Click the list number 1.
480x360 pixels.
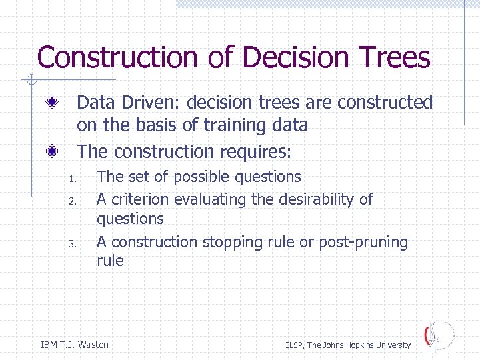coord(73,179)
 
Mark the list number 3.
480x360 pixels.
coord(73,244)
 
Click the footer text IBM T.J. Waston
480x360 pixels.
coord(75,345)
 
